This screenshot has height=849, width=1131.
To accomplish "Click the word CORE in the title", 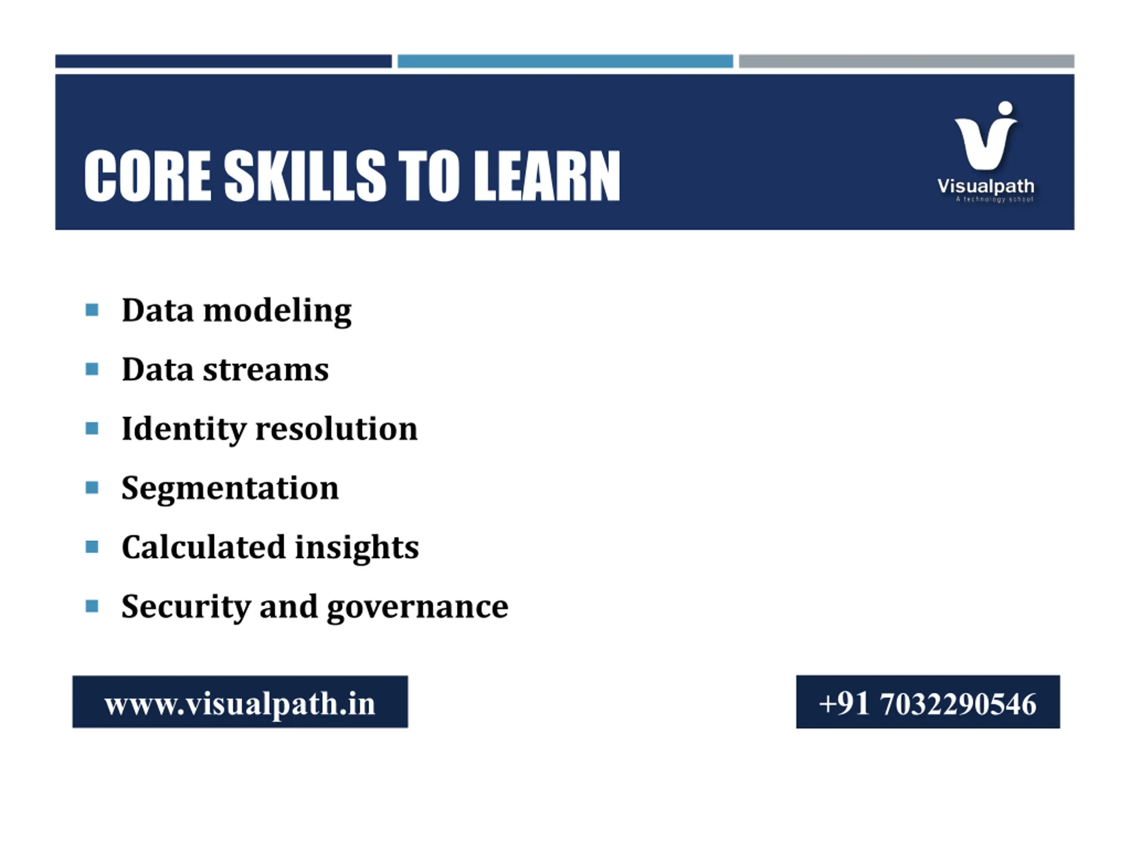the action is [x=147, y=176].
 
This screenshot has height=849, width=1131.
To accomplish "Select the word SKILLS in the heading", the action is [x=305, y=176].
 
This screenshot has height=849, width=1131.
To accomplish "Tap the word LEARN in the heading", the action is [x=547, y=176].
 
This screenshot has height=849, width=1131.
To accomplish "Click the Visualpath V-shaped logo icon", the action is [x=986, y=136].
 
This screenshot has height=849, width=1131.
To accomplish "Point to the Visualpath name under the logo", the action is [x=985, y=186].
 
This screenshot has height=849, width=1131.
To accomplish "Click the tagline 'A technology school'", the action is [x=994, y=199].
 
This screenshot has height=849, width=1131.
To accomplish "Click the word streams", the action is [x=266, y=370].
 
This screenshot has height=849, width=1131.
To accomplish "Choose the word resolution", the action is [x=337, y=428].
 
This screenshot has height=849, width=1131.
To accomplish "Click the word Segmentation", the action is [x=230, y=489].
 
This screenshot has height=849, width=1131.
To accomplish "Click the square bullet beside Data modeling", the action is [x=92, y=310].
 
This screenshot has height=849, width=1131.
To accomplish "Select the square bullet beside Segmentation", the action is [x=92, y=488].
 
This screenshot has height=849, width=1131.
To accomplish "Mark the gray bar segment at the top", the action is [x=907, y=61].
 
